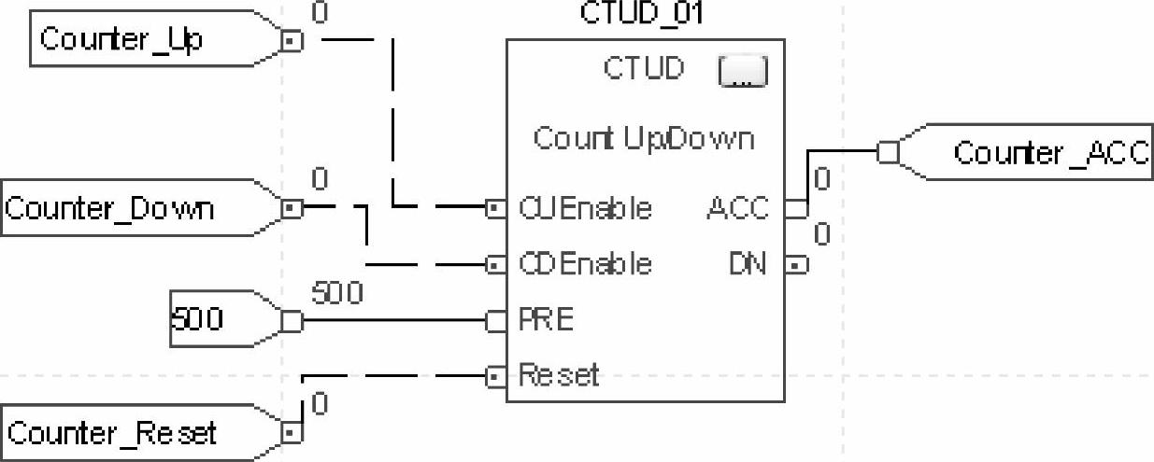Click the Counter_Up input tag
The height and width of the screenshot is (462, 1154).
[121, 40]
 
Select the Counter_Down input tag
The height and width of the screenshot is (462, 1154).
[109, 207]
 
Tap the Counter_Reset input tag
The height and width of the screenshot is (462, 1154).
[112, 433]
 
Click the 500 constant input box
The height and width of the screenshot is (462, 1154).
[197, 320]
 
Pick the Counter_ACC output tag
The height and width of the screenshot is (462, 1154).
[1049, 153]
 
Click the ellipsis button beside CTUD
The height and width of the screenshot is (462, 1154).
[742, 72]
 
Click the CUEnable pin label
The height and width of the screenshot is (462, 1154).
[584, 207]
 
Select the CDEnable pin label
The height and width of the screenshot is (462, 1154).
[584, 264]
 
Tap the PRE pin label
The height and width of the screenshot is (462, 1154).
[546, 321]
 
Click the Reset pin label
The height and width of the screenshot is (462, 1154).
[558, 376]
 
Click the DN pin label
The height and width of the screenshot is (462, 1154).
[747, 265]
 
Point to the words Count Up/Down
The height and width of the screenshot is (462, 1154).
[643, 138]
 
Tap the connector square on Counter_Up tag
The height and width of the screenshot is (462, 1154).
[292, 41]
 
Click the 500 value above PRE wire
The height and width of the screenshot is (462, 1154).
[336, 294]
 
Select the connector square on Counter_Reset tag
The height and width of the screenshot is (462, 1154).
[292, 432]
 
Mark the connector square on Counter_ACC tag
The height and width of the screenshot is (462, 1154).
[888, 151]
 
